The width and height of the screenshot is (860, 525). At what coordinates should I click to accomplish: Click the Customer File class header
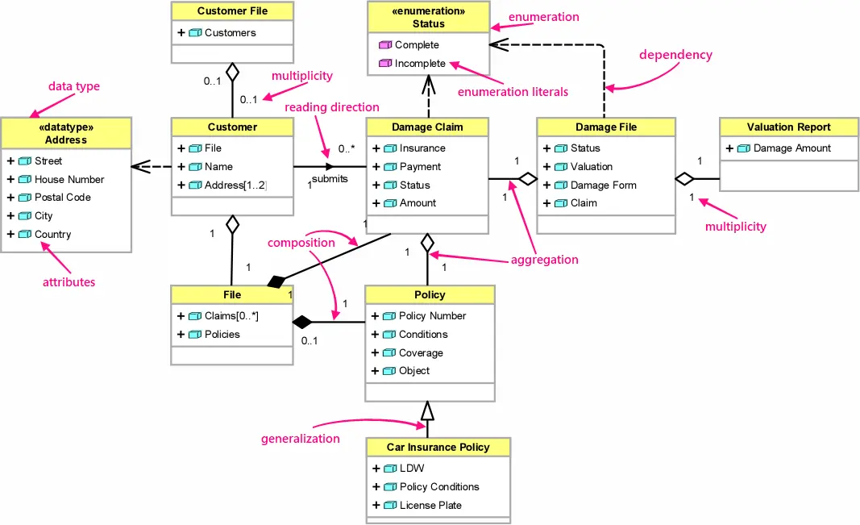232,11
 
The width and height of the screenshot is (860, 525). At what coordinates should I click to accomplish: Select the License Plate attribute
431,506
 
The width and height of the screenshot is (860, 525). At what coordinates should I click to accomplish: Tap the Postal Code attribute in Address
63,198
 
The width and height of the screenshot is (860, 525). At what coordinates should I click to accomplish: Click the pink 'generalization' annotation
300,439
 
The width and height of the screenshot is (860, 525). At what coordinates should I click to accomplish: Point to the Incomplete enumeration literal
420,64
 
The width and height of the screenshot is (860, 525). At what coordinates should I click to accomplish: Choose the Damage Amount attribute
791,148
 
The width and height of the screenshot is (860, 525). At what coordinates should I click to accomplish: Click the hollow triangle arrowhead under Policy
427,412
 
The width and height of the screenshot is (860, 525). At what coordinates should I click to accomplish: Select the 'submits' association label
330,179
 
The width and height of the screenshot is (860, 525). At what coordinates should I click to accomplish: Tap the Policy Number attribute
432,316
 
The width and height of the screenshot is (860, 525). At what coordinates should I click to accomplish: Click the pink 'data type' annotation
74,86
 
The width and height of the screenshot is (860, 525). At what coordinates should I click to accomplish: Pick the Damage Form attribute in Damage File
603,185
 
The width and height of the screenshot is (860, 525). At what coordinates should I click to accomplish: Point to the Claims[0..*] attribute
231,316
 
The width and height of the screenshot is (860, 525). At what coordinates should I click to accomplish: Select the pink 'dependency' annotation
675,55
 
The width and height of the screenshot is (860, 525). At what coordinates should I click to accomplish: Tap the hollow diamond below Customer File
232,73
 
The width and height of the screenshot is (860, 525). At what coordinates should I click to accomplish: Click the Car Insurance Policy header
438,448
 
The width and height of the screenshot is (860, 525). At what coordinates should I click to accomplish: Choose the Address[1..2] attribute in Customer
235,185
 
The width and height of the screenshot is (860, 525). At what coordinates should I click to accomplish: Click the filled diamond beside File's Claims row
301,323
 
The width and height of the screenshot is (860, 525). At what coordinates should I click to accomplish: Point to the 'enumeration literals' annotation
513,92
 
